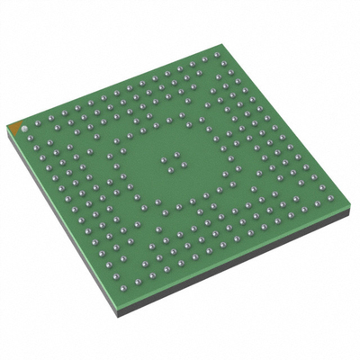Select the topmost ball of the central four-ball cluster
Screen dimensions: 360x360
click(x=174, y=155)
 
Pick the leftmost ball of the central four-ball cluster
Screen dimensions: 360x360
click(x=164, y=161)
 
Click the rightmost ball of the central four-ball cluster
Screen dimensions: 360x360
click(x=184, y=163)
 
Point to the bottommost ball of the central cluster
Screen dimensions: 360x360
click(x=174, y=169)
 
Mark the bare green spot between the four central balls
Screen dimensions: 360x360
click(x=174, y=162)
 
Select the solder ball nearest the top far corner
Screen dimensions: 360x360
click(x=215, y=53)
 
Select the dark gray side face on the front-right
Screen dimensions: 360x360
click(x=243, y=261)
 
